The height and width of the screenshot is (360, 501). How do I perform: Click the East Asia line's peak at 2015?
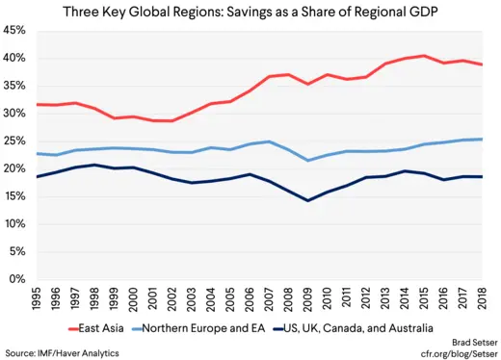pyautogui.click(x=424, y=56)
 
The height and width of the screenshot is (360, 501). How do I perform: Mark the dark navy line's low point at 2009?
pyautogui.click(x=307, y=200)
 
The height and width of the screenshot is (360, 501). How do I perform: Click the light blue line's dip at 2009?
pyautogui.click(x=307, y=160)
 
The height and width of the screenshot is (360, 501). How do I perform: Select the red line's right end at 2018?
pyautogui.click(x=481, y=64)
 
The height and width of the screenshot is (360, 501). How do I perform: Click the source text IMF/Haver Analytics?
pyautogui.click(x=58, y=353)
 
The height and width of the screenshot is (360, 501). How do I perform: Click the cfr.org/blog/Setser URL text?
pyautogui.click(x=453, y=353)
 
